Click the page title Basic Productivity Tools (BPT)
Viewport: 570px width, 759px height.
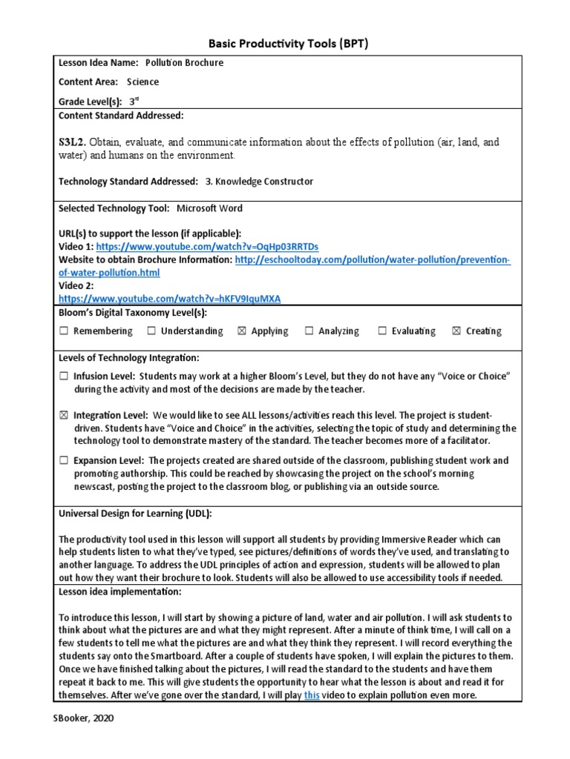tap(285, 44)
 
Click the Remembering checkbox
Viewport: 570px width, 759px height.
tap(64, 331)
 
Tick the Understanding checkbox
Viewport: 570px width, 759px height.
tap(151, 331)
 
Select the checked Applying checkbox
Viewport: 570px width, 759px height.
tap(241, 331)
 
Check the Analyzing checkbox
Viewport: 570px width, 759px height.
tap(309, 331)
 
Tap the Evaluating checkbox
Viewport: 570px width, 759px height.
tap(383, 331)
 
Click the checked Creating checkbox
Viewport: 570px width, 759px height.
tap(456, 331)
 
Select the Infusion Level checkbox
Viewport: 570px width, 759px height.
tap(64, 377)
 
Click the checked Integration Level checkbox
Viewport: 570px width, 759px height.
tap(64, 416)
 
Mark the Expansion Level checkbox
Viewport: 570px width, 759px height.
tap(64, 461)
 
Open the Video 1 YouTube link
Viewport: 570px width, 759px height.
tap(207, 246)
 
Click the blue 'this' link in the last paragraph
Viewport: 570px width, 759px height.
tap(312, 695)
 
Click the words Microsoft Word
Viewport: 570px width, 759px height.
tap(209, 208)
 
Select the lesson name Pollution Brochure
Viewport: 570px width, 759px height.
tap(184, 63)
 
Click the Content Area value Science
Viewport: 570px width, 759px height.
tap(142, 82)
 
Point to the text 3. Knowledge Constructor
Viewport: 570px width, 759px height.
tap(259, 182)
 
